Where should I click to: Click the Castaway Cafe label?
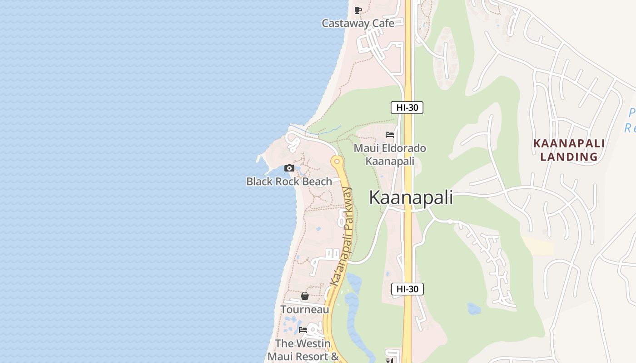pos(358,23)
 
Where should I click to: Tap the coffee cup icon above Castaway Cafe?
pos(358,10)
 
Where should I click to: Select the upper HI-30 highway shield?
pos(407,108)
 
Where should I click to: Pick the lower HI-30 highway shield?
pos(407,289)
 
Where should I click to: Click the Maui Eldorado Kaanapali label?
pos(390,155)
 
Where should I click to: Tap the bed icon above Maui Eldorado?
pos(390,135)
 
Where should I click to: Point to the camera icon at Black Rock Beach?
pos(289,168)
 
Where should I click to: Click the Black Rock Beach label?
pos(289,181)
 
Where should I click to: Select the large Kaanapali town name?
pos(411,198)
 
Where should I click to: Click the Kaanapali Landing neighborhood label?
pos(569,150)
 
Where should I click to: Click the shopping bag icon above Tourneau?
pos(305,296)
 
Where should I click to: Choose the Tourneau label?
pos(304,309)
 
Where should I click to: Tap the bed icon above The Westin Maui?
pos(303,330)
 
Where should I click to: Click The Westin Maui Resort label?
pos(303,350)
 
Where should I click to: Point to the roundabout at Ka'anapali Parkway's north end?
pos(337,161)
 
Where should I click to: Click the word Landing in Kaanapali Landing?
pos(569,157)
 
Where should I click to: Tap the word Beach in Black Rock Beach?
pos(317,181)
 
